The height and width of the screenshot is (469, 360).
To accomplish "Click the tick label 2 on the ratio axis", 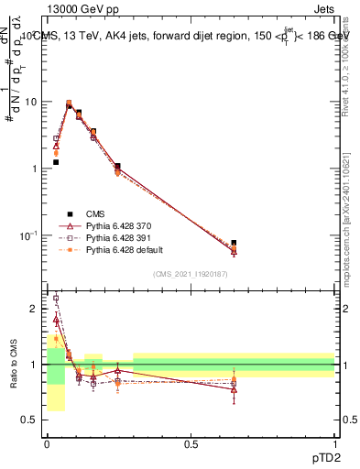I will click(35, 309).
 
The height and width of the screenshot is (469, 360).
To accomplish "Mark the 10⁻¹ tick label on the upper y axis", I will click(27, 235).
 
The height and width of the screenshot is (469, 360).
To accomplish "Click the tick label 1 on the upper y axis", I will click(35, 169).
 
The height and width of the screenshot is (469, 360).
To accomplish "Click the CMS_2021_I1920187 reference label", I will click(191, 275).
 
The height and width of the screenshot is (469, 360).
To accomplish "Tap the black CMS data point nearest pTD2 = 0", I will click(56, 162).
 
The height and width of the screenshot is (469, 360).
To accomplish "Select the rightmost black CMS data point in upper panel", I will click(234, 243).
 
